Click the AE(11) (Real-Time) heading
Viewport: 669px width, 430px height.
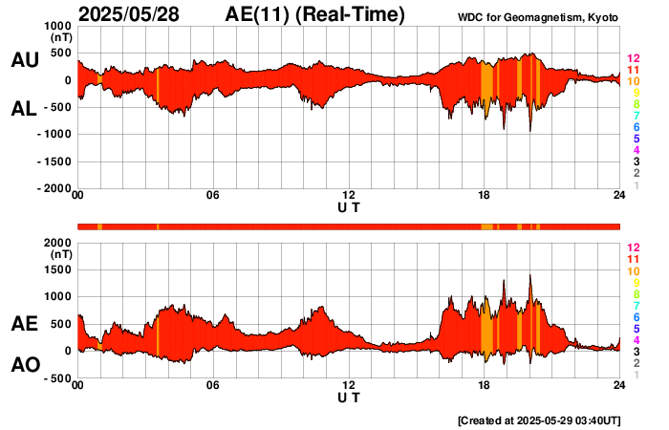[314, 14]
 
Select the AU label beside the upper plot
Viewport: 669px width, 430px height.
[24, 60]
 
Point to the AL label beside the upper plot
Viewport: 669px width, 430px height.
[24, 109]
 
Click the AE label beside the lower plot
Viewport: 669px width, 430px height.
[24, 324]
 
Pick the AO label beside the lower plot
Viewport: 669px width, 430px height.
[24, 365]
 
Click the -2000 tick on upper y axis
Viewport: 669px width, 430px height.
[54, 189]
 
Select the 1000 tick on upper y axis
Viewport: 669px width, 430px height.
[58, 26]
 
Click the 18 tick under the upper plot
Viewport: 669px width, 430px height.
[484, 196]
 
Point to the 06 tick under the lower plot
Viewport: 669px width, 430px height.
[213, 385]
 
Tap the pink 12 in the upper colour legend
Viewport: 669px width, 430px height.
[633, 59]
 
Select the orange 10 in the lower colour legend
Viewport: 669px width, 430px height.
[633, 271]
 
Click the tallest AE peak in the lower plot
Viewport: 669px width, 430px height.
[529, 276]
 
